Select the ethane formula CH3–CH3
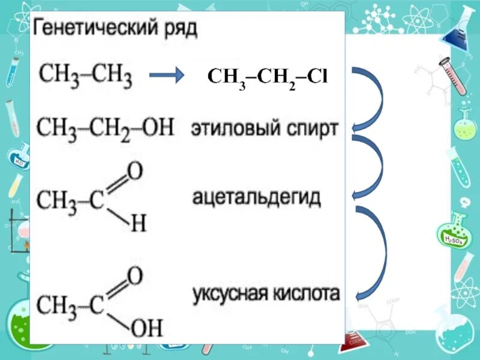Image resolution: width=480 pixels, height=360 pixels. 85,76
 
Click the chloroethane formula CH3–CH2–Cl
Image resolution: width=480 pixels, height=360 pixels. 267,77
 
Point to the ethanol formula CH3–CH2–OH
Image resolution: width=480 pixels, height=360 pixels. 105,128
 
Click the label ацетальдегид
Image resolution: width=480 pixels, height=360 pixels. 257,197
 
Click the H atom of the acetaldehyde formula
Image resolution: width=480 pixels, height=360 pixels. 138,224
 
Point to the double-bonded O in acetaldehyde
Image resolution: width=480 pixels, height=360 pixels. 135,172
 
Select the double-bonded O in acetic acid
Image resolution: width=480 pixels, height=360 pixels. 135,276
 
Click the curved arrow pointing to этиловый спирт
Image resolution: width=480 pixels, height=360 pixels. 369,99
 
